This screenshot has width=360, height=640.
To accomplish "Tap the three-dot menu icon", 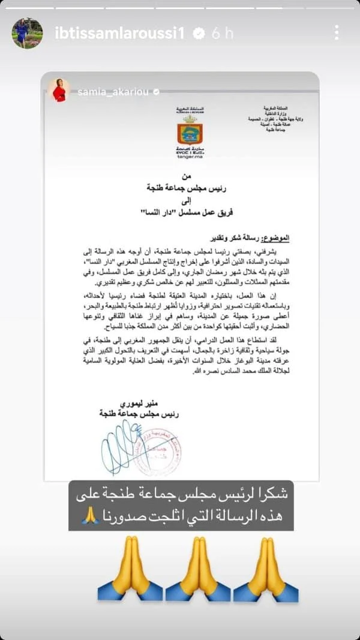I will click(337, 32).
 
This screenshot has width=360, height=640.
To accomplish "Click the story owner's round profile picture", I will click(27, 33).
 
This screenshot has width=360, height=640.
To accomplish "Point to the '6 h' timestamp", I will click(222, 34).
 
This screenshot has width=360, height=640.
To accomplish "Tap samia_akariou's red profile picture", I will click(60, 90).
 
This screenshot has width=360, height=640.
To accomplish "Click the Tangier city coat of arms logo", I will click(190, 133).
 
